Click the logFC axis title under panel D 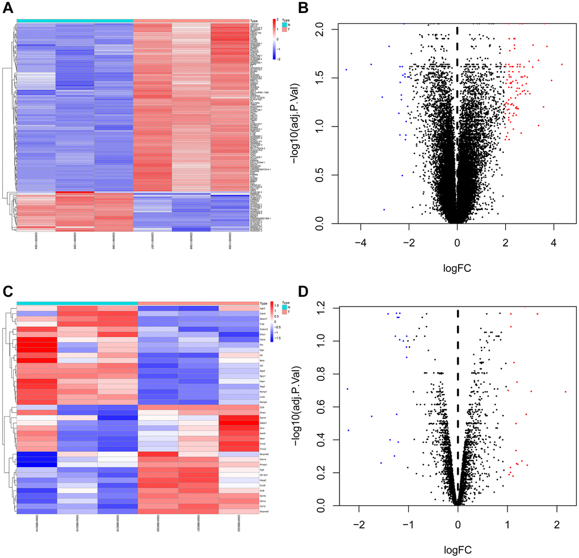(x=458, y=549)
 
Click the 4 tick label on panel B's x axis (x=553, y=242)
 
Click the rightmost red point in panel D (x=565, y=392)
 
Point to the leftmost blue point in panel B (x=346, y=70)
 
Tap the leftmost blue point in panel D (x=347, y=389)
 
